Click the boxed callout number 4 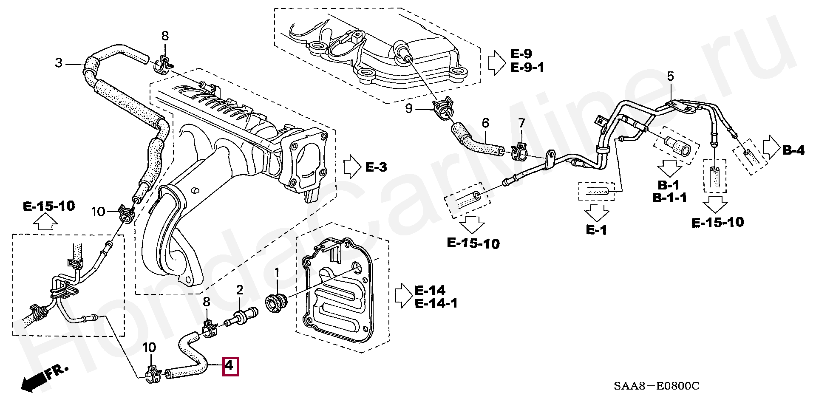pos(230,366)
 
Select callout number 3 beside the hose pos(59,63)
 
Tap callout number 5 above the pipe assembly pos(670,76)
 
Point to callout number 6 pos(485,123)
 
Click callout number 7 pos(521,123)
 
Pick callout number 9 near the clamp pos(409,108)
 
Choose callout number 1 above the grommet pos(277,272)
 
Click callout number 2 pos(240,290)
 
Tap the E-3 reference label pos(376,167)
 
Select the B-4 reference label pos(793,150)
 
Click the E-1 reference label pos(596,230)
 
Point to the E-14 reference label pos(430,291)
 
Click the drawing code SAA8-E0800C pos(657,386)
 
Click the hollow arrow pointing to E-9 pos(496,63)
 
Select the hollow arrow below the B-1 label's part pos(669,168)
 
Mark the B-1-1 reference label pos(669,198)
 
